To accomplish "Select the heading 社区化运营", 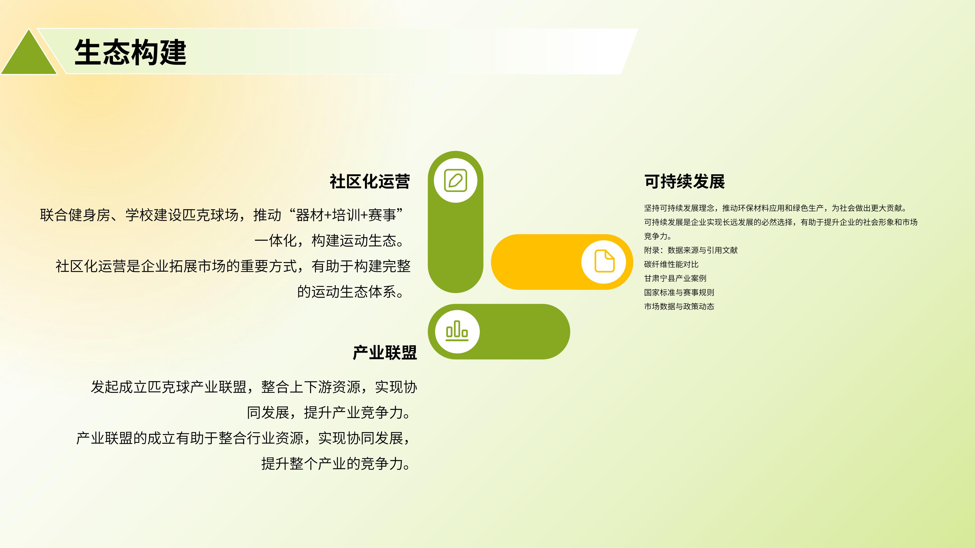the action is click(x=370, y=181).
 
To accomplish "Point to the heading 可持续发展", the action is click(x=684, y=181).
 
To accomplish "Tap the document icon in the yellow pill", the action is click(x=604, y=261).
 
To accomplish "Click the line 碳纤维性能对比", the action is click(x=671, y=264).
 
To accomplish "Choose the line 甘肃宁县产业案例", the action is click(x=675, y=278).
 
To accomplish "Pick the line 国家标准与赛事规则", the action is click(x=679, y=292).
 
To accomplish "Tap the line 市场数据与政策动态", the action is click(x=679, y=306).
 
